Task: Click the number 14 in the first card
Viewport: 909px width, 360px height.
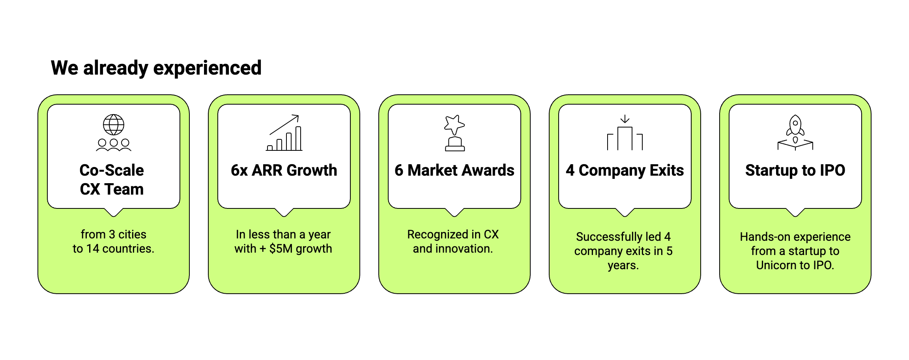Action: coord(93,249)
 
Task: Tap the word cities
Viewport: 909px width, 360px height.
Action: coord(132,234)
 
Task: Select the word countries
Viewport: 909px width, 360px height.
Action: coord(128,249)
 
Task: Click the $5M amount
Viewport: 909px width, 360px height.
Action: coord(281,249)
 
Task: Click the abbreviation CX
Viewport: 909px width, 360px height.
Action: coord(491,234)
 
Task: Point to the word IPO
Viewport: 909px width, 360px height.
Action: coord(824,265)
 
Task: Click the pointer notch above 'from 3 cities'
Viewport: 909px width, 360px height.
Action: coord(114,213)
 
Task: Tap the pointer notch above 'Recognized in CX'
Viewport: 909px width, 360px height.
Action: coord(454,213)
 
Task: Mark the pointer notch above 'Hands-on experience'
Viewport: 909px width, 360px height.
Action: coord(795,213)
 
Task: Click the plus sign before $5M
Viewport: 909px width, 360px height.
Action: coord(263,249)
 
